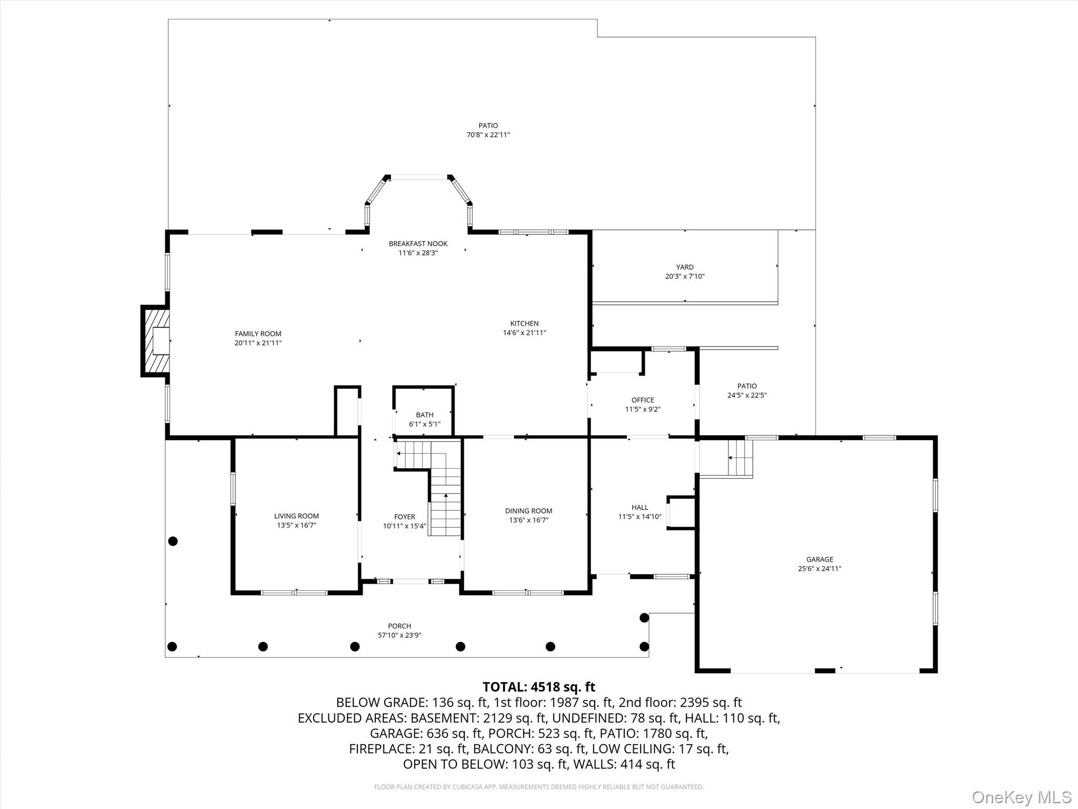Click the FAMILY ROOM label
[258, 333]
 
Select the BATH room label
[424, 415]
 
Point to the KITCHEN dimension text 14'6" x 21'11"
[524, 333]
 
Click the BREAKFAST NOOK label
[418, 243]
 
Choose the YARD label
[685, 267]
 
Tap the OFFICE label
[642, 400]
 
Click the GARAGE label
[820, 559]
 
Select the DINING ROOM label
[528, 511]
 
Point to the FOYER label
[404, 517]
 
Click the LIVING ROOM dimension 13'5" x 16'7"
[296, 525]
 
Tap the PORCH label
[400, 626]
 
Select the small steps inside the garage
[740, 457]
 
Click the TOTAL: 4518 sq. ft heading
[538, 687]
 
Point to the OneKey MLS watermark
[1021, 797]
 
